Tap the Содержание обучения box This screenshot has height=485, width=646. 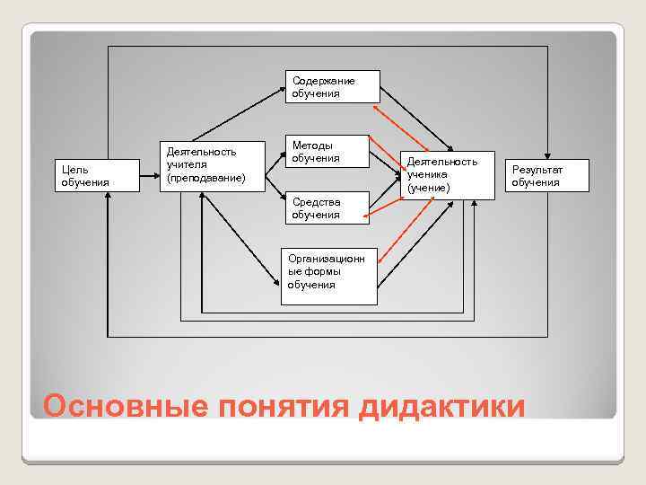pyautogui.click(x=332, y=87)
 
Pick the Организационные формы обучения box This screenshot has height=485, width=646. pyautogui.click(x=328, y=274)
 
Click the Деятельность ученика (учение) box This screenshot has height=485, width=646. pyautogui.click(x=447, y=174)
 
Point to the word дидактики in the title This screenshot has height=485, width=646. pyautogui.click(x=441, y=406)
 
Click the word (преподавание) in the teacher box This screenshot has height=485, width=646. pyautogui.click(x=206, y=178)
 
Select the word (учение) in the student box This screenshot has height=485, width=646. pyautogui.click(x=428, y=188)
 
